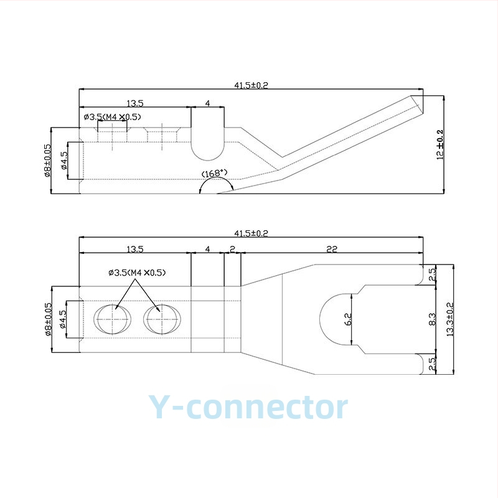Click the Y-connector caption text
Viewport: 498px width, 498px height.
[248, 407]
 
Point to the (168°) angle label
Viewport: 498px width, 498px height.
[215, 174]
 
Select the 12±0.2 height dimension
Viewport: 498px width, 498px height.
[440, 144]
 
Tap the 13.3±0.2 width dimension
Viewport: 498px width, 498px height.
[450, 319]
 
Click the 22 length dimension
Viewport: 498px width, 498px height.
[332, 249]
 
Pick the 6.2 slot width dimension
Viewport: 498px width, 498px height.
[348, 319]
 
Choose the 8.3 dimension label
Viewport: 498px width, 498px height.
[432, 319]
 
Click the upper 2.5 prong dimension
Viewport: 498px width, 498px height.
[432, 275]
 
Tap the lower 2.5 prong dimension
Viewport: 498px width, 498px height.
[432, 364]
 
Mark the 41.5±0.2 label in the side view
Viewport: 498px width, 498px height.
[251, 85]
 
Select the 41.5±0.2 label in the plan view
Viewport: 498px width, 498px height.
[251, 233]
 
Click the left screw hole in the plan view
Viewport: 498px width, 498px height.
[113, 319]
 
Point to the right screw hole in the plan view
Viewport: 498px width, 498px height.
[162, 319]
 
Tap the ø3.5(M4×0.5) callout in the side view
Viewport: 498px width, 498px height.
[113, 117]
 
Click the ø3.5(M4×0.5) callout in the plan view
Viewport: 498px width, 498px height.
[137, 273]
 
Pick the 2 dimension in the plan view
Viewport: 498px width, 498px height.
[232, 249]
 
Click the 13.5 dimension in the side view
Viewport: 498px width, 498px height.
[135, 103]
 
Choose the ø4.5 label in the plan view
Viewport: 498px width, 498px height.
[63, 319]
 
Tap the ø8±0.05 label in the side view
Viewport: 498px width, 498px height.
[47, 161]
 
